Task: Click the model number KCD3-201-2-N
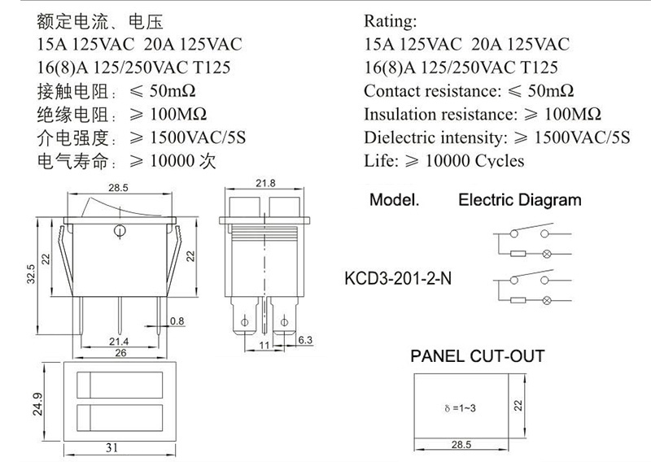(398, 278)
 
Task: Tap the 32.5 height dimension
(31, 274)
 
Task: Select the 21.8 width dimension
(265, 183)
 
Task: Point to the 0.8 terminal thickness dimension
(177, 320)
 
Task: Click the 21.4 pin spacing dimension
(119, 342)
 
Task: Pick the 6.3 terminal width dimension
(305, 340)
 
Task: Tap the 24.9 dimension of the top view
(37, 404)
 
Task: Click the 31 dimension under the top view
(111, 448)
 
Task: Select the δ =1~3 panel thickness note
(460, 408)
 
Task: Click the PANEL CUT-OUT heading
(478, 356)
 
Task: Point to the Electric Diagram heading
(520, 200)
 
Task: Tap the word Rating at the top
(391, 21)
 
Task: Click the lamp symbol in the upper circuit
(546, 254)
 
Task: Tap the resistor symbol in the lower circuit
(518, 300)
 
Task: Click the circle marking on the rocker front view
(119, 230)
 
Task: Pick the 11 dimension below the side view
(264, 346)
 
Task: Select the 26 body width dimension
(120, 353)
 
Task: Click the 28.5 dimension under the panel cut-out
(461, 445)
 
